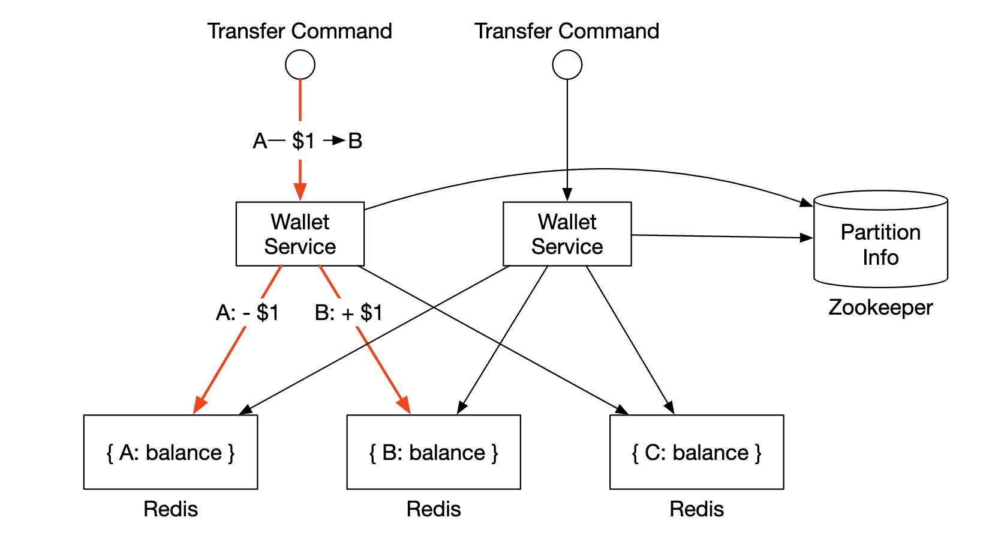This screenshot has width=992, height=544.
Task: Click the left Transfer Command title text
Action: (x=299, y=31)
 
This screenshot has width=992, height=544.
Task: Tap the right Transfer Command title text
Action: (x=567, y=31)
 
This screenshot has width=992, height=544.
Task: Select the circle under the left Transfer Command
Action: (x=300, y=65)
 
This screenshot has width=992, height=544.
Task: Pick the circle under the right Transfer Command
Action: (x=567, y=65)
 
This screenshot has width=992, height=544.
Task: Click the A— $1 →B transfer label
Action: (x=308, y=141)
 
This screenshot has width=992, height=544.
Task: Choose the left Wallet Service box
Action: (x=300, y=234)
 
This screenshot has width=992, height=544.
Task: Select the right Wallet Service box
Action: (x=567, y=234)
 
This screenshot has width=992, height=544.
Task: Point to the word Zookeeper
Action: (x=880, y=307)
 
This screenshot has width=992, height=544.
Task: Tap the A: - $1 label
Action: (x=247, y=313)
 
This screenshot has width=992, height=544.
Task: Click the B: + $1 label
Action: (x=348, y=313)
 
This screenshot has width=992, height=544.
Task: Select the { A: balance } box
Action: (x=170, y=452)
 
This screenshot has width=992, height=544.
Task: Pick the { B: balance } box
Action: (x=434, y=452)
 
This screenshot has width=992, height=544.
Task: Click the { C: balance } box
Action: (x=696, y=452)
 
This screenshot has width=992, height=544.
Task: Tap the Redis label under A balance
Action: (x=170, y=509)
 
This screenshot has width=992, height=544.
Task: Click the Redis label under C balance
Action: (x=696, y=509)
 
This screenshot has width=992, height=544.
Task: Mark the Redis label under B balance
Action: (x=434, y=509)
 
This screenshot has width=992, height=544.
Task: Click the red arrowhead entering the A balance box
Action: (x=200, y=405)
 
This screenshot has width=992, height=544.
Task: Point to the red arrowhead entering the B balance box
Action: (x=404, y=405)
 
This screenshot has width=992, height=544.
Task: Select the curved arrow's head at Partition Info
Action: (x=806, y=202)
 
